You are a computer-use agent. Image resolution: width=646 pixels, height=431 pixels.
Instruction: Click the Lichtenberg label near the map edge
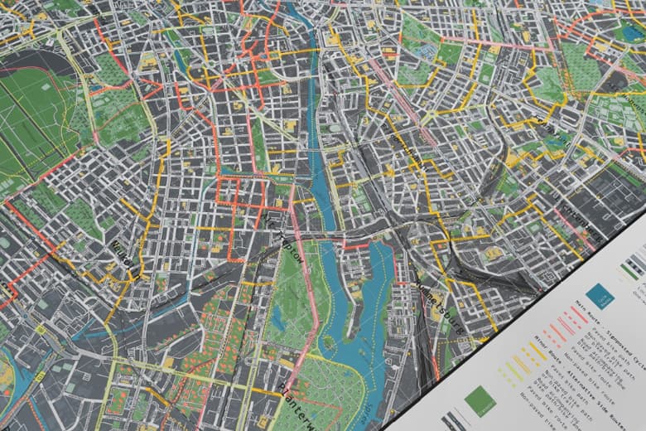(x=580, y=220)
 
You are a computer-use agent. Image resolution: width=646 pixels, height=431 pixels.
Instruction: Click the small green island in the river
(x=329, y=340)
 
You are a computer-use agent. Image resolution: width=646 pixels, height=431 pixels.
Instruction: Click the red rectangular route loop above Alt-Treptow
(x=241, y=191)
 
